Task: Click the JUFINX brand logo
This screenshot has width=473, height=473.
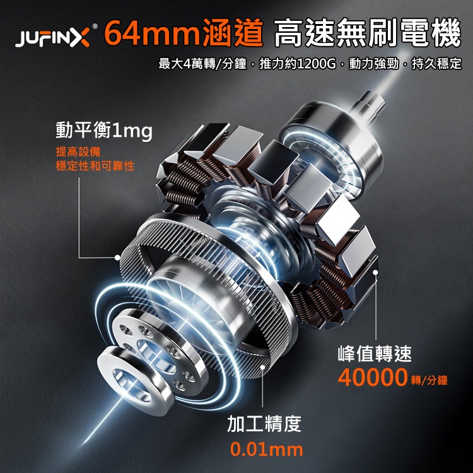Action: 53,38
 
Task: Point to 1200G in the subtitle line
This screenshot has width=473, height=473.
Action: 316,64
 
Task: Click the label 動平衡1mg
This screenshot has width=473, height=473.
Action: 104,131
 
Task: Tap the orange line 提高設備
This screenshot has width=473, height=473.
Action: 78,152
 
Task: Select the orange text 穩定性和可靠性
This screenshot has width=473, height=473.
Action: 95,166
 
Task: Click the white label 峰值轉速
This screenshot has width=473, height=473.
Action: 375,353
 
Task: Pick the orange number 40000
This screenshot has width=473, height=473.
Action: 373,377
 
